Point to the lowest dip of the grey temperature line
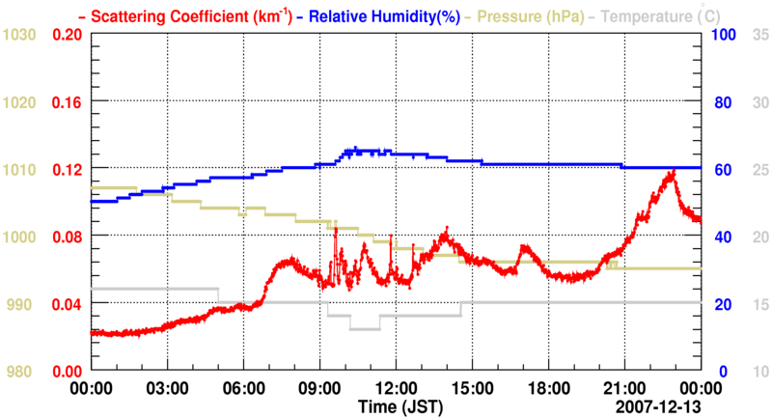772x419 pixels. pos(365,329)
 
